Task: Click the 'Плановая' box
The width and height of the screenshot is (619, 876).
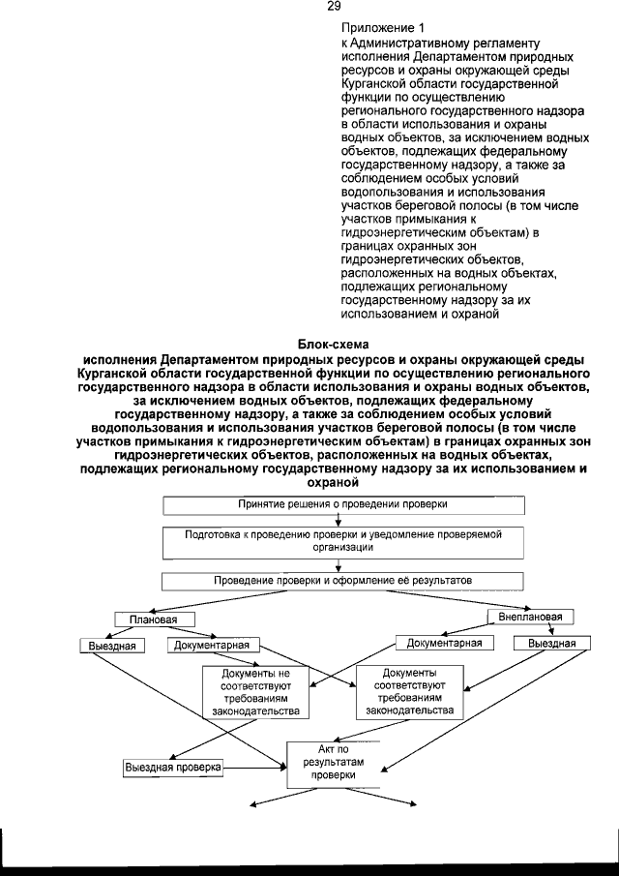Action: pyautogui.click(x=147, y=619)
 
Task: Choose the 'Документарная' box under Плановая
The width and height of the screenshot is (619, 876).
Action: pyautogui.click(x=214, y=646)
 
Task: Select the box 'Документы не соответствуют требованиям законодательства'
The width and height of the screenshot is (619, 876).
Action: pyautogui.click(x=255, y=692)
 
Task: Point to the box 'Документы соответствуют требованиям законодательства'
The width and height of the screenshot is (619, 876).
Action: pyautogui.click(x=409, y=691)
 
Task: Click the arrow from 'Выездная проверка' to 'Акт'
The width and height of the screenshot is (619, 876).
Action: pyautogui.click(x=256, y=767)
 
